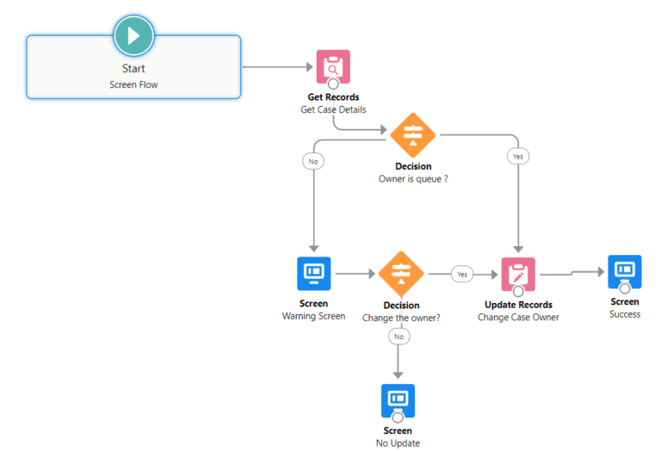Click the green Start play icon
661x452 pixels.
(x=133, y=36)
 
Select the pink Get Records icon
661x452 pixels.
(x=333, y=66)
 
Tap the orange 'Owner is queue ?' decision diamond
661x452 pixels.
(x=413, y=135)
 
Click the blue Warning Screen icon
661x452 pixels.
(x=313, y=273)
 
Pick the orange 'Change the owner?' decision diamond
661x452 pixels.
(x=401, y=274)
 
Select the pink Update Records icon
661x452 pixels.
(x=518, y=274)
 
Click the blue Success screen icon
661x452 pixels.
(x=624, y=271)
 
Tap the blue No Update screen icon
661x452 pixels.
(x=398, y=400)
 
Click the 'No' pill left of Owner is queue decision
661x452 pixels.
(x=312, y=160)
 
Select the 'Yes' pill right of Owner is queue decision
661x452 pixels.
(x=518, y=157)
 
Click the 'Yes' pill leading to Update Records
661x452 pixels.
(x=463, y=274)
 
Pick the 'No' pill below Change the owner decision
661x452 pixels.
(x=398, y=337)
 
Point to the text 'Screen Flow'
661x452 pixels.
(x=133, y=84)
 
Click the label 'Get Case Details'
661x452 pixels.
(x=333, y=109)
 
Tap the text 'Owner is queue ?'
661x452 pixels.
(x=413, y=179)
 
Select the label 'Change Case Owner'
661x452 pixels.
(x=518, y=317)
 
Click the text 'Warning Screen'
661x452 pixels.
(x=313, y=316)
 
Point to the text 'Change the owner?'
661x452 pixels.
(x=401, y=318)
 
